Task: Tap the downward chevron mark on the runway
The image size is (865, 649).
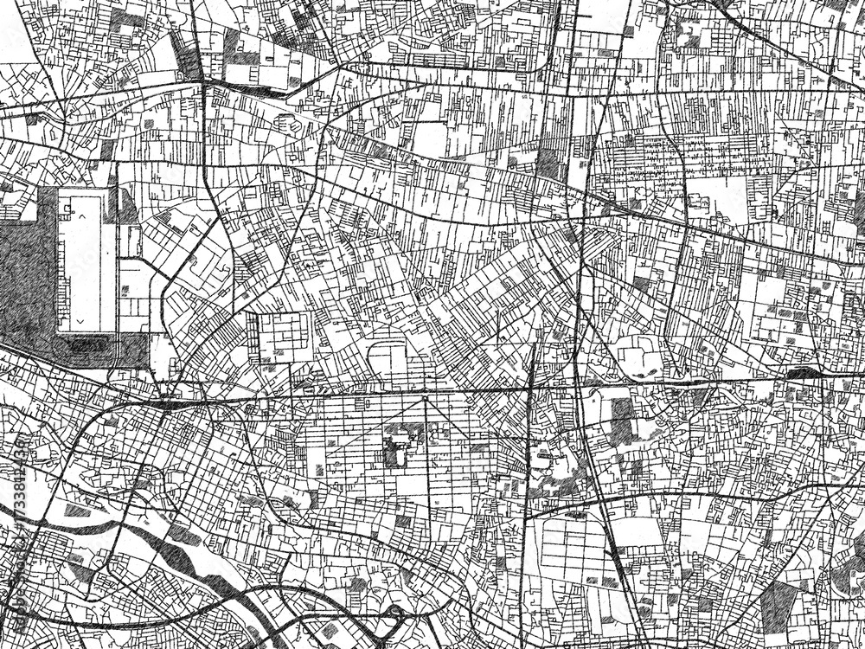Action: pyautogui.click(x=80, y=319)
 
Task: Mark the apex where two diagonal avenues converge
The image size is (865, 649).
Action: pyautogui.click(x=424, y=396)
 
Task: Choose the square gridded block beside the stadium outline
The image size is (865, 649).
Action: pyautogui.click(x=285, y=337)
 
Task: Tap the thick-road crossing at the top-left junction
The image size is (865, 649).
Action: pyautogui.click(x=203, y=82)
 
